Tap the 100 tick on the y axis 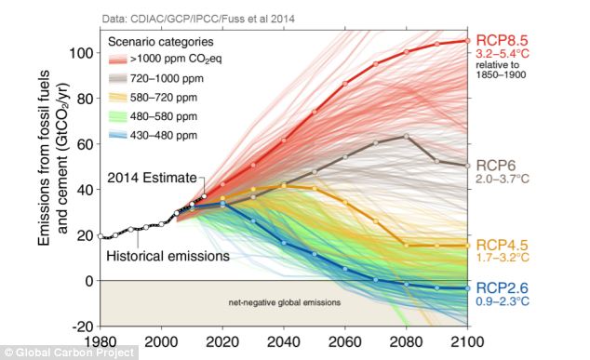click(x=83, y=53)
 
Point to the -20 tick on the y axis click(x=83, y=326)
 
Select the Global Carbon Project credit click(x=70, y=353)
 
